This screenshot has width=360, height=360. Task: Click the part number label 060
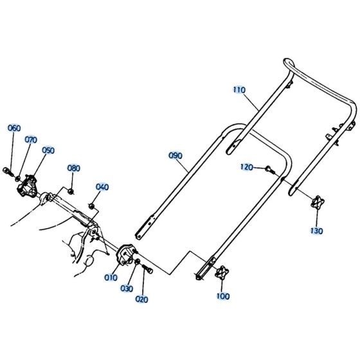15,128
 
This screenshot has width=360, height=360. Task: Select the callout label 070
31,139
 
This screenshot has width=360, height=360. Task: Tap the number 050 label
48,150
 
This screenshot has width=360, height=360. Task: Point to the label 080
74,168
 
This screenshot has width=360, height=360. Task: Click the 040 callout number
102,187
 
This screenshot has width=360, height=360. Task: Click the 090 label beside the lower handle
175,156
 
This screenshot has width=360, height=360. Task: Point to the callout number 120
247,166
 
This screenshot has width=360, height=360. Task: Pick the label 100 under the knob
223,297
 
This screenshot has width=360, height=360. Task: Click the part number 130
316,230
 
